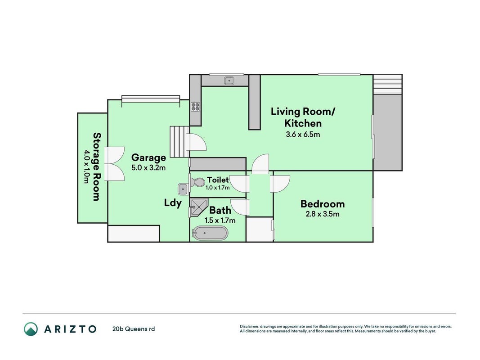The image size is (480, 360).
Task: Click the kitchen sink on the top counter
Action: click(229, 81)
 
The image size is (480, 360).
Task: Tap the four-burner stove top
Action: click(196, 107)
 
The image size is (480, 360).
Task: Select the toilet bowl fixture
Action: click(197, 183)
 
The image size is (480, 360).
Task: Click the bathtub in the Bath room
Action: click(210, 233)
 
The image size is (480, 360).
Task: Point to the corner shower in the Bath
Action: click(198, 207)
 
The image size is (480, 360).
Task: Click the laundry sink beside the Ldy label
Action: click(183, 189)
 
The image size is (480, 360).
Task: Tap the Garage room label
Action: click(148, 157)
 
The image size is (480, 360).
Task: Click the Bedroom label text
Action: click(323, 204)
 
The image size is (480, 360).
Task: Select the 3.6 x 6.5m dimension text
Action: click(303, 135)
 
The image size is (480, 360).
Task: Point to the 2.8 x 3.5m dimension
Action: click(323, 214)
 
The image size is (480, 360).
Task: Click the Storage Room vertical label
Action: click(97, 166)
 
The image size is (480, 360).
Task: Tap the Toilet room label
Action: click(218, 180)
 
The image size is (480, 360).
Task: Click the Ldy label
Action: click(173, 203)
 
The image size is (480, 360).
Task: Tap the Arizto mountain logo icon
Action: click(31, 329)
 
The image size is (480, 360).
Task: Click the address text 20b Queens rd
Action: click(134, 329)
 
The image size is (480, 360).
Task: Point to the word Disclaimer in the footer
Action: click(249, 327)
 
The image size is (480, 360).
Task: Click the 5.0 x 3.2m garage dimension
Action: click(148, 168)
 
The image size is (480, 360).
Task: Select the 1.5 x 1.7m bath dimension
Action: click(220, 220)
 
